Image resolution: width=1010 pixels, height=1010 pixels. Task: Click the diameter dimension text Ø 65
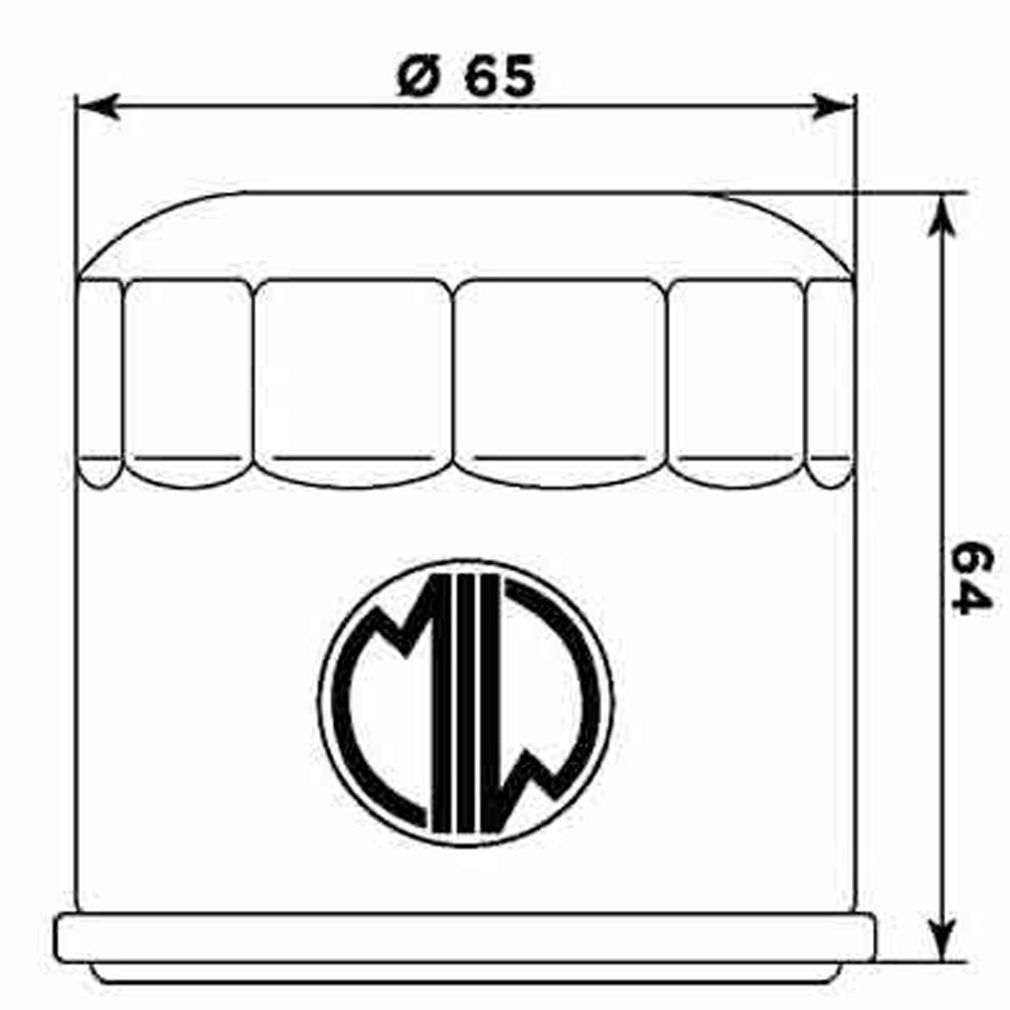pyautogui.click(x=465, y=77)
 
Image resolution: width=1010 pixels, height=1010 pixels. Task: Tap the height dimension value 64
pyautogui.click(x=972, y=579)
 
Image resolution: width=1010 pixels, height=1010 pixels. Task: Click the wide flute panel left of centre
pyautogui.click(x=353, y=379)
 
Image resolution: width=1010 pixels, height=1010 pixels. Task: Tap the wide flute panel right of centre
pyautogui.click(x=560, y=379)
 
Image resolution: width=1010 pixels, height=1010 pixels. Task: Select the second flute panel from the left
pyautogui.click(x=189, y=379)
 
